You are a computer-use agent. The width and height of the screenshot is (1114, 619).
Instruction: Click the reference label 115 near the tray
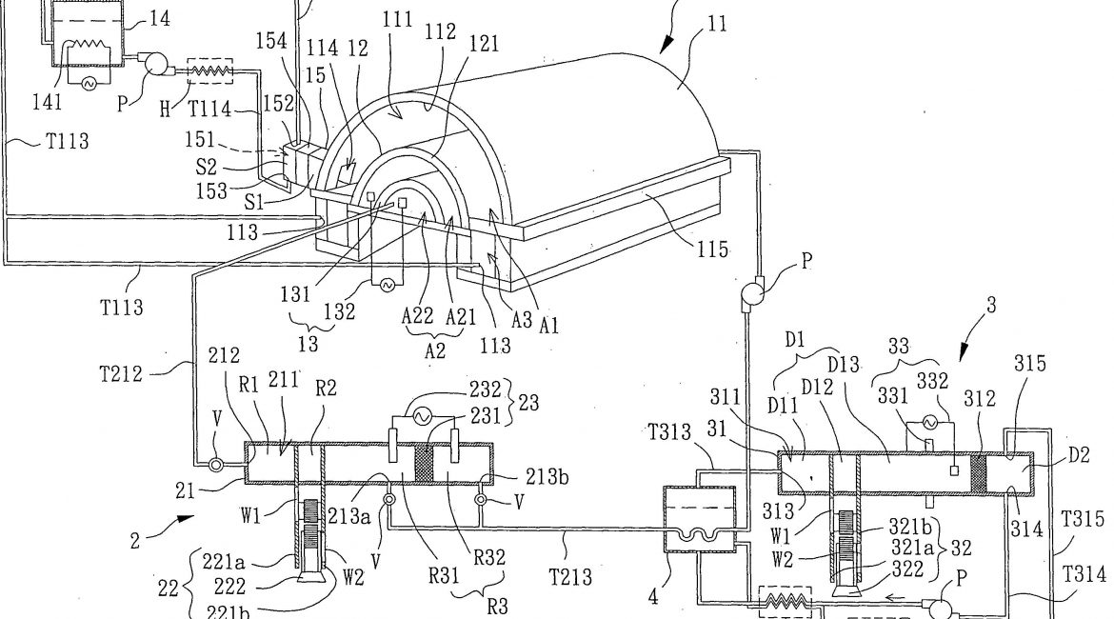[712, 250]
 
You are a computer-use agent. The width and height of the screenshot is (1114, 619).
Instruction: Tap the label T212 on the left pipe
[121, 374]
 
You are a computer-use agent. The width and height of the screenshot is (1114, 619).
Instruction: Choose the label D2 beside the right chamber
[1079, 455]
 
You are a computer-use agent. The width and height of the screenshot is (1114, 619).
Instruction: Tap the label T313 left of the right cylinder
[670, 431]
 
